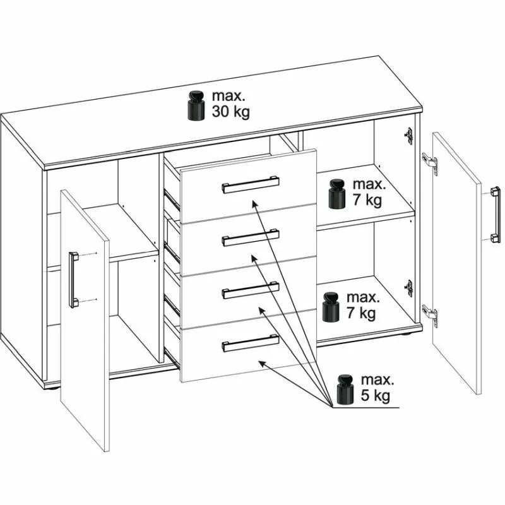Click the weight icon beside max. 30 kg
[196, 106]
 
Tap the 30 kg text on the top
[230, 112]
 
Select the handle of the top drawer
[251, 184]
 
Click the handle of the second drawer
[251, 237]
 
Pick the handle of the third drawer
[251, 290]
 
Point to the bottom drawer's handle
[251, 343]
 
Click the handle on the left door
[73, 280]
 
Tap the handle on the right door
[496, 215]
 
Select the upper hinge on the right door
[431, 163]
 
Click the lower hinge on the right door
[431, 316]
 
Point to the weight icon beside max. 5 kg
[345, 389]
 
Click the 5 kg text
[375, 396]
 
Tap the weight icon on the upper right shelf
[337, 194]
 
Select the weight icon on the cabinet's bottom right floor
[331, 307]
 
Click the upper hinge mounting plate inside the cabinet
[408, 136]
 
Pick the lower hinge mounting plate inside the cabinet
[408, 288]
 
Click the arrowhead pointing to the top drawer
[254, 203]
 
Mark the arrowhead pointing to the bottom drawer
[263, 364]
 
